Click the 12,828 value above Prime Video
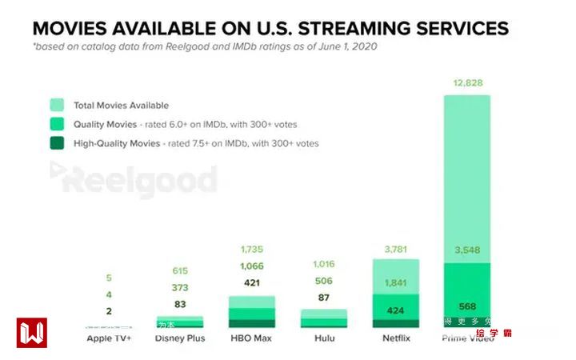click(467, 83)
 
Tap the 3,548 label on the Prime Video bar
click(467, 249)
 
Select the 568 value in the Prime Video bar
click(467, 306)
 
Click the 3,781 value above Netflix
click(395, 249)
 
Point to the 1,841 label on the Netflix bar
click(395, 282)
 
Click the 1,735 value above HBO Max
click(251, 250)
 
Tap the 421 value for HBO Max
click(251, 282)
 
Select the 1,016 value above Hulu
click(323, 263)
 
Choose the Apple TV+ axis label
click(109, 338)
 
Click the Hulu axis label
click(323, 338)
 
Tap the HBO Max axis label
click(251, 338)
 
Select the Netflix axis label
click(395, 338)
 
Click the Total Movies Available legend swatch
click(57, 105)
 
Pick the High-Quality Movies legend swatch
click(57, 144)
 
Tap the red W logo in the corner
click(31, 333)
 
